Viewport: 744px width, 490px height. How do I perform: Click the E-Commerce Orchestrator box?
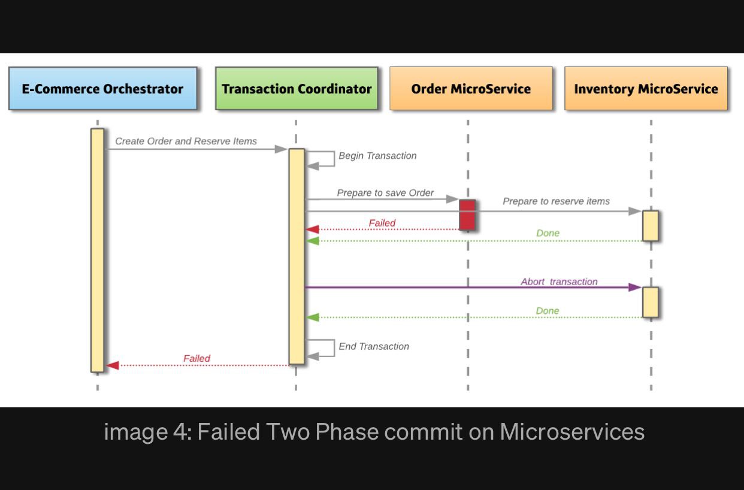click(103, 89)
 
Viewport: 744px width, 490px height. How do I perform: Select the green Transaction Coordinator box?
click(297, 89)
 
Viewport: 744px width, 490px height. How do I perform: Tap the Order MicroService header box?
click(471, 89)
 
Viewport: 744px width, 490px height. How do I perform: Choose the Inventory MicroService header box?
click(646, 89)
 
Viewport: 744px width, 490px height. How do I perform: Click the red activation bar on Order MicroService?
click(467, 214)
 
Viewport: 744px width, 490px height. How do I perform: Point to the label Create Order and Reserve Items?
click(186, 141)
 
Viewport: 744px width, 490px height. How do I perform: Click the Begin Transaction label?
click(377, 156)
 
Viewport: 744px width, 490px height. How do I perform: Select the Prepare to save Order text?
click(385, 193)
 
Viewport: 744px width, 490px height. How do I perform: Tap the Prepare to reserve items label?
click(557, 201)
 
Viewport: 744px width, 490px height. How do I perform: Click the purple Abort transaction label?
click(559, 282)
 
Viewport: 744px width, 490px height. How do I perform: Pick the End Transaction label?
click(374, 346)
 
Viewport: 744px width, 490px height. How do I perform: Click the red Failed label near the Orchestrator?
click(196, 358)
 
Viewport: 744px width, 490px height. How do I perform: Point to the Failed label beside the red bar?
click(382, 223)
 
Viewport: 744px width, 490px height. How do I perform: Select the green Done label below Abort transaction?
click(548, 311)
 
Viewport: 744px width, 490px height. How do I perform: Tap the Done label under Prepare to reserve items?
click(548, 233)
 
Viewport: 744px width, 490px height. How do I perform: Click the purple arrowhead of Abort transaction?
click(635, 288)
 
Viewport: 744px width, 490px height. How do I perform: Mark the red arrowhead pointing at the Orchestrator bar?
click(113, 365)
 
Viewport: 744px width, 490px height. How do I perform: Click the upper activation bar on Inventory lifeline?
click(651, 226)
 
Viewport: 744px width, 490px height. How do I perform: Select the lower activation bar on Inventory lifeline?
click(651, 303)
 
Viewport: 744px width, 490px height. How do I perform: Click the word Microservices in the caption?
click(572, 431)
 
